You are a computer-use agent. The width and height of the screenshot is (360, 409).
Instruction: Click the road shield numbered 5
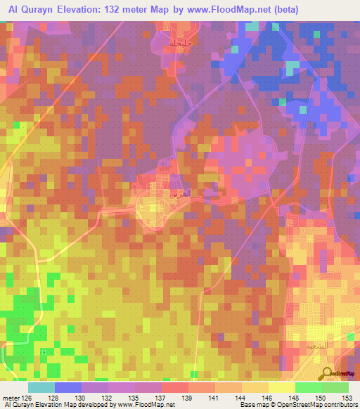point(43,351)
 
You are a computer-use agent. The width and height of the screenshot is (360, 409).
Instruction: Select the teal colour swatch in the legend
point(41,387)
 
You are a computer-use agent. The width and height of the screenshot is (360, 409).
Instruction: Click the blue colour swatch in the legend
point(67,387)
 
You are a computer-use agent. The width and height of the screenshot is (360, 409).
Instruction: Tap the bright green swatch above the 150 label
point(308,387)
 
